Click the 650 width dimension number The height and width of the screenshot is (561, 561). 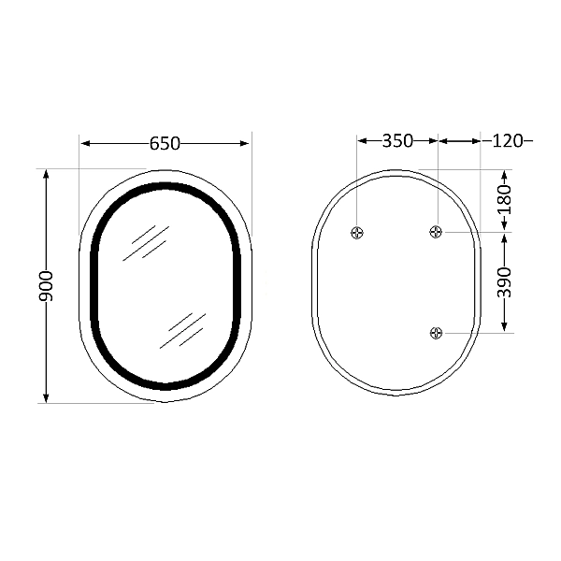(165, 143)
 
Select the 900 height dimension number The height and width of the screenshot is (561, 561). (47, 285)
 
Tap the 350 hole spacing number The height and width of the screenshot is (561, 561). (397, 141)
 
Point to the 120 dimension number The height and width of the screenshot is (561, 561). (506, 141)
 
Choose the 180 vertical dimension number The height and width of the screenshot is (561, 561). (505, 200)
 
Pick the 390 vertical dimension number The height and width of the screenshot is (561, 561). (505, 281)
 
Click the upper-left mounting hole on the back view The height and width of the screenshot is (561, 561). (356, 232)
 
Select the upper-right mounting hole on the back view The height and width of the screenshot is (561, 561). (436, 232)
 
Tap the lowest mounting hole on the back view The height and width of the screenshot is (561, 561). (436, 332)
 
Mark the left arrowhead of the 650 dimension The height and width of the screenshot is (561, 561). (85, 143)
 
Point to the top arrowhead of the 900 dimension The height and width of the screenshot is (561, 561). (47, 175)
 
